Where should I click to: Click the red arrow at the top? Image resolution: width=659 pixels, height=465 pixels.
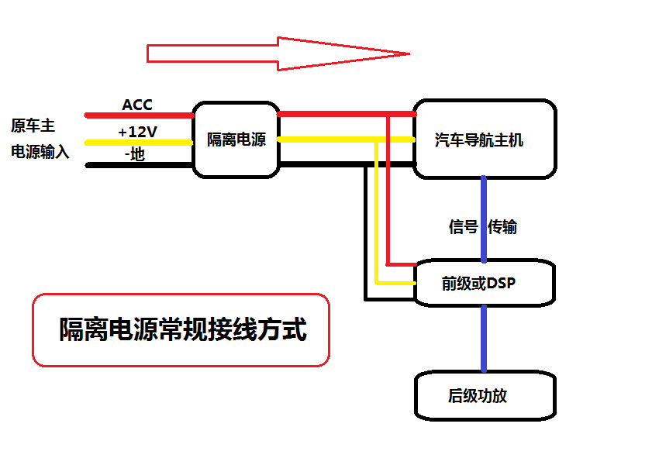(279, 53)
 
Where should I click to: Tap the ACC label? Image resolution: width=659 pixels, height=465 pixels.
(137, 105)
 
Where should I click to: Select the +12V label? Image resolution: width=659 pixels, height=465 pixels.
(137, 132)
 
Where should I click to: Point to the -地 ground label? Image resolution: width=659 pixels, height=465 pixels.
(135, 154)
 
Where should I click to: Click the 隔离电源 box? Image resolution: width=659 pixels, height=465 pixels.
(236, 139)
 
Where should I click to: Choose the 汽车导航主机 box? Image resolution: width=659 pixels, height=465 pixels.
(485, 139)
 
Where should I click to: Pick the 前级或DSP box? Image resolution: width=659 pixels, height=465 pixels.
(485, 284)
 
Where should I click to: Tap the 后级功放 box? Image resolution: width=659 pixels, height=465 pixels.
(485, 396)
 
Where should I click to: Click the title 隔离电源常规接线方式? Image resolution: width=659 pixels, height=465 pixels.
(181, 330)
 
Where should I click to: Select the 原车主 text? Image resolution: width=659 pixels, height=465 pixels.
(33, 126)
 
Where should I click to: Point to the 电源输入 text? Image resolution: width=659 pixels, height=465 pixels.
(40, 152)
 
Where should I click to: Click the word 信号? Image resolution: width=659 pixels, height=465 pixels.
(463, 227)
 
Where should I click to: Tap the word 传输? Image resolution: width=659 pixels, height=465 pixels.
(502, 227)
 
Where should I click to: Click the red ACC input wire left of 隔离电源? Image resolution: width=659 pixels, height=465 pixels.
(140, 115)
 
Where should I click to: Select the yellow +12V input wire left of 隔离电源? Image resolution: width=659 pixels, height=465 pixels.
(140, 142)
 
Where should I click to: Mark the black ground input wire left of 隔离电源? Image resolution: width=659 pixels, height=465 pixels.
(140, 164)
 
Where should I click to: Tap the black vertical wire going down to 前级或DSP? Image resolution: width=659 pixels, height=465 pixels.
(365, 232)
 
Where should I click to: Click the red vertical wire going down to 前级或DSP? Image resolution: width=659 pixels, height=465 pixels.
(389, 194)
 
